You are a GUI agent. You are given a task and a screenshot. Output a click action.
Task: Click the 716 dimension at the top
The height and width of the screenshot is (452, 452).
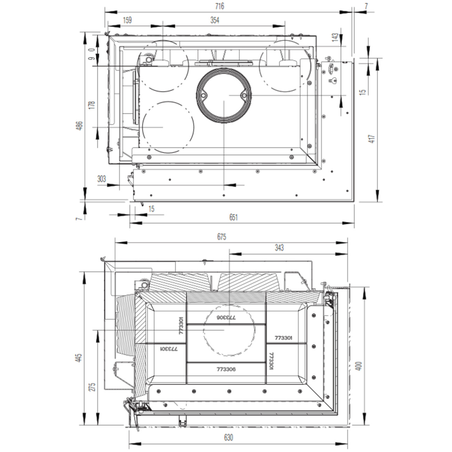pyautogui.click(x=219, y=6)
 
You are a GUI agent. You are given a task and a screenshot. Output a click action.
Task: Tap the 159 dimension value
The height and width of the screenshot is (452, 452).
pyautogui.click(x=127, y=20)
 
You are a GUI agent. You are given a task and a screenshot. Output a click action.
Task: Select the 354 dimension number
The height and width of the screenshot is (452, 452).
pyautogui.click(x=215, y=21)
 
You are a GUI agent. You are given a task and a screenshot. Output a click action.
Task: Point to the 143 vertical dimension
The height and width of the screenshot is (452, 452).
pyautogui.click(x=335, y=38)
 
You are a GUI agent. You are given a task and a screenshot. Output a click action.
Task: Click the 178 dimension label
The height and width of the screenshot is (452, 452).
pyautogui.click(x=92, y=105)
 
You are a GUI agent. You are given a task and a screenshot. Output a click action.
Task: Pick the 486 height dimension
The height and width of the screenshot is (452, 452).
pyautogui.click(x=80, y=126)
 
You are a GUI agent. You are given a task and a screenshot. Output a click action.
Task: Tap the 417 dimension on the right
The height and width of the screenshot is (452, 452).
pyautogui.click(x=372, y=139)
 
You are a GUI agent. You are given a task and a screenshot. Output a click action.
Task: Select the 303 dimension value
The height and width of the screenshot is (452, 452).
pyautogui.click(x=102, y=179)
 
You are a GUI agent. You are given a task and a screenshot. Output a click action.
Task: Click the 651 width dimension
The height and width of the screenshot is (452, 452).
pyautogui.click(x=233, y=217)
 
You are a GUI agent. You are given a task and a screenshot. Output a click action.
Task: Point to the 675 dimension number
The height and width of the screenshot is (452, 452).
pyautogui.click(x=221, y=237)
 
